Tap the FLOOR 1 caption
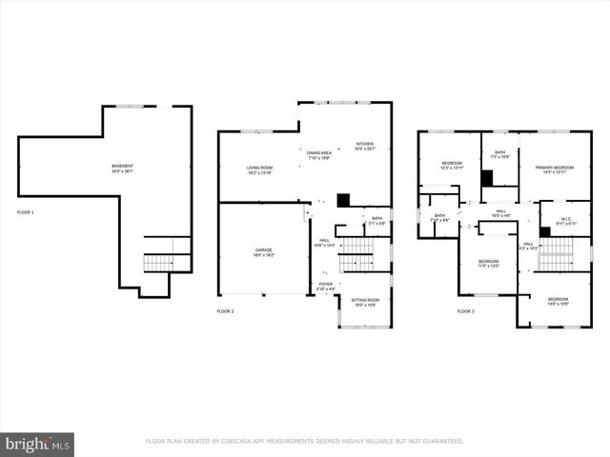pyautogui.click(x=25, y=211)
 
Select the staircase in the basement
pyautogui.click(x=157, y=263)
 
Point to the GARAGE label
pyautogui.click(x=263, y=252)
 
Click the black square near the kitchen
pyautogui.click(x=344, y=200)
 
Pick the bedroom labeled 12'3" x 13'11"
pyautogui.click(x=451, y=166)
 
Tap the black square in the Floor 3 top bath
pyautogui.click(x=487, y=178)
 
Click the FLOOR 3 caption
pyautogui.click(x=464, y=311)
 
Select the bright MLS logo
pyautogui.click(x=38, y=443)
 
